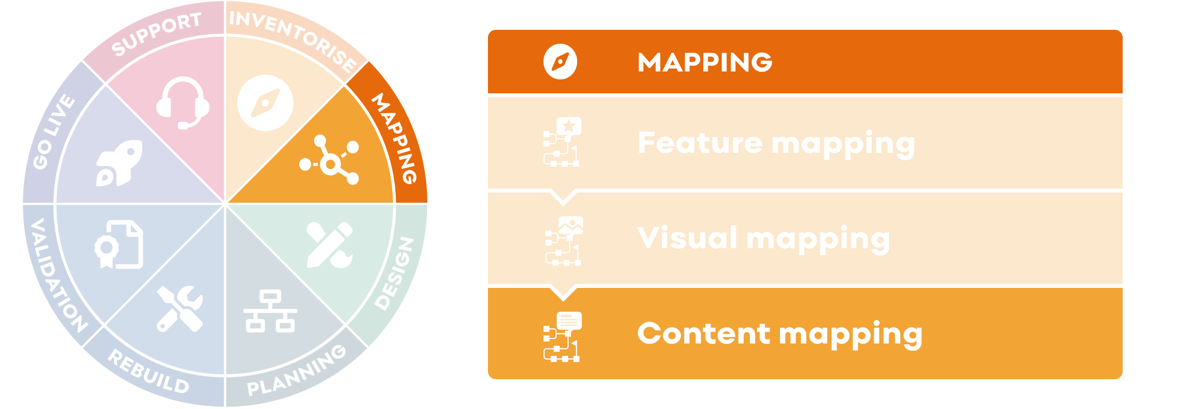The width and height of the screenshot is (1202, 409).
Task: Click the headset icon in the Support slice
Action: tap(182, 103)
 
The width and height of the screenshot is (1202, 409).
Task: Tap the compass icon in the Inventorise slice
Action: tap(265, 103)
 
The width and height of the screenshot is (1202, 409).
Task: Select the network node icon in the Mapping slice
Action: tap(329, 160)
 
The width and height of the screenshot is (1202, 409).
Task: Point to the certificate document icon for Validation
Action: tap(119, 244)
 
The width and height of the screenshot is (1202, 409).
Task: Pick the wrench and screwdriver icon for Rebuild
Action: tap(180, 308)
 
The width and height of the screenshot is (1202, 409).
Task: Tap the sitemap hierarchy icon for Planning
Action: tap(270, 311)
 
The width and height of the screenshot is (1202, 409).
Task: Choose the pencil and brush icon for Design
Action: tap(330, 245)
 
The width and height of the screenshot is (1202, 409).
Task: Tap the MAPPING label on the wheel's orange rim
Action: tap(395, 138)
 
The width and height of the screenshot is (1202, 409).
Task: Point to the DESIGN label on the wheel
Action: tap(394, 273)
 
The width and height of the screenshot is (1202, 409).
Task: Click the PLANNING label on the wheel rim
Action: tap(297, 371)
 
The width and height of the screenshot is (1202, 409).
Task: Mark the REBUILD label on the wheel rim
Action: tap(148, 372)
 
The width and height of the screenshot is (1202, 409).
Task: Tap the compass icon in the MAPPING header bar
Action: tap(560, 62)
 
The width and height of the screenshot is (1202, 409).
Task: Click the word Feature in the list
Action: tap(700, 143)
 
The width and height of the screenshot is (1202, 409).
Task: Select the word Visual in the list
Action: tap(687, 238)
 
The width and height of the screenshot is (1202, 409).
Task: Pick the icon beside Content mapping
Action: tap(562, 337)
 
